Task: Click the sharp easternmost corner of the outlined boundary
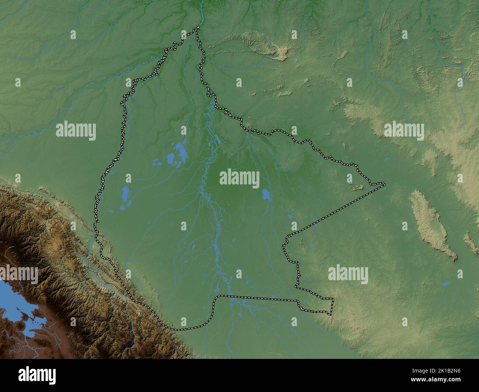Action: [384, 183]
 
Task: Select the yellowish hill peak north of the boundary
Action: [282, 52]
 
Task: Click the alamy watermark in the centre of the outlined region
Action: [239, 179]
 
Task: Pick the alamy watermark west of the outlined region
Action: [76, 131]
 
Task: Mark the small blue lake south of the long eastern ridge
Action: [446, 284]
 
